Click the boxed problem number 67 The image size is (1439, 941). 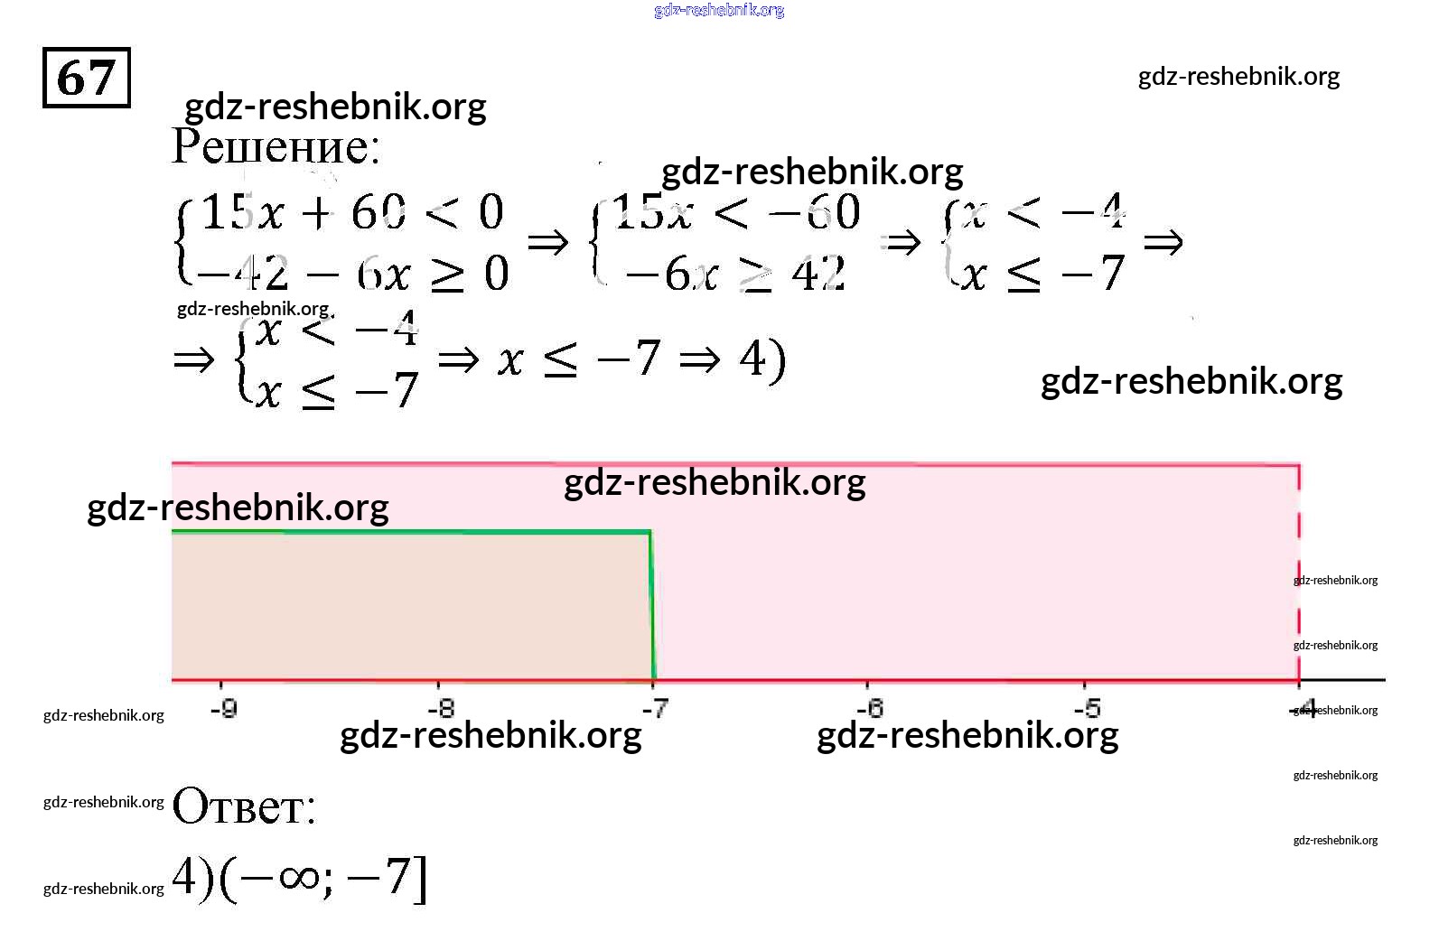(87, 78)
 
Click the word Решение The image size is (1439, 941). (275, 146)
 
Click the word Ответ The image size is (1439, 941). (244, 806)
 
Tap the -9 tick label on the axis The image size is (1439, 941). (223, 708)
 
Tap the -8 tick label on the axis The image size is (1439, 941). (440, 708)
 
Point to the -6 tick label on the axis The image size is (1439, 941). (869, 708)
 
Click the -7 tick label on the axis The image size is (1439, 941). (656, 708)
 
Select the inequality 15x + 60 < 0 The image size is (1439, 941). (351, 213)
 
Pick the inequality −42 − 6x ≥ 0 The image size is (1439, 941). (351, 274)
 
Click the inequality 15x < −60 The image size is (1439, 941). (736, 213)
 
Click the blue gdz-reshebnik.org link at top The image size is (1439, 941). (719, 10)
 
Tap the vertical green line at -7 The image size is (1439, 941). (651, 605)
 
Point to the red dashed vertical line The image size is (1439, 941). (1299, 578)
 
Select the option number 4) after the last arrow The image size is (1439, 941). (762, 359)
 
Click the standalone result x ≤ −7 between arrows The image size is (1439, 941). (579, 359)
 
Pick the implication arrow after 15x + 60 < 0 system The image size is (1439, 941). (547, 242)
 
